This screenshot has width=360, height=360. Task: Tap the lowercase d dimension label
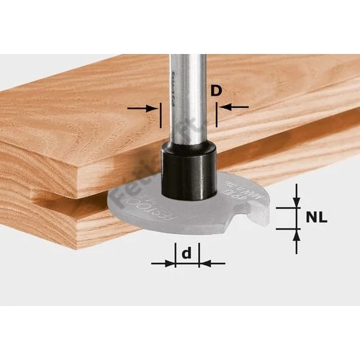coord(186,253)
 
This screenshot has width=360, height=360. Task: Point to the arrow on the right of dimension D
coord(230,107)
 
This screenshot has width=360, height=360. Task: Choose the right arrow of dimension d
coord(210,263)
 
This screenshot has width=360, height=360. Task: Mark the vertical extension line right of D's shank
coord(216,108)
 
